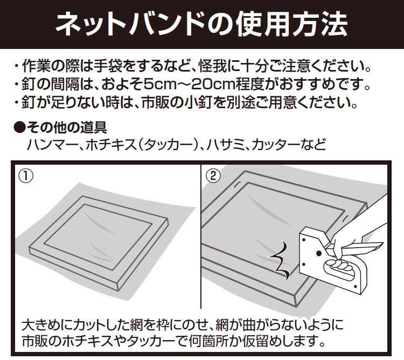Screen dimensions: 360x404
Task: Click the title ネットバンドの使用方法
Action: pyautogui.click(x=202, y=24)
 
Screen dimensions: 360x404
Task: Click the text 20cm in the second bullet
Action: pyautogui.click(x=223, y=85)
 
